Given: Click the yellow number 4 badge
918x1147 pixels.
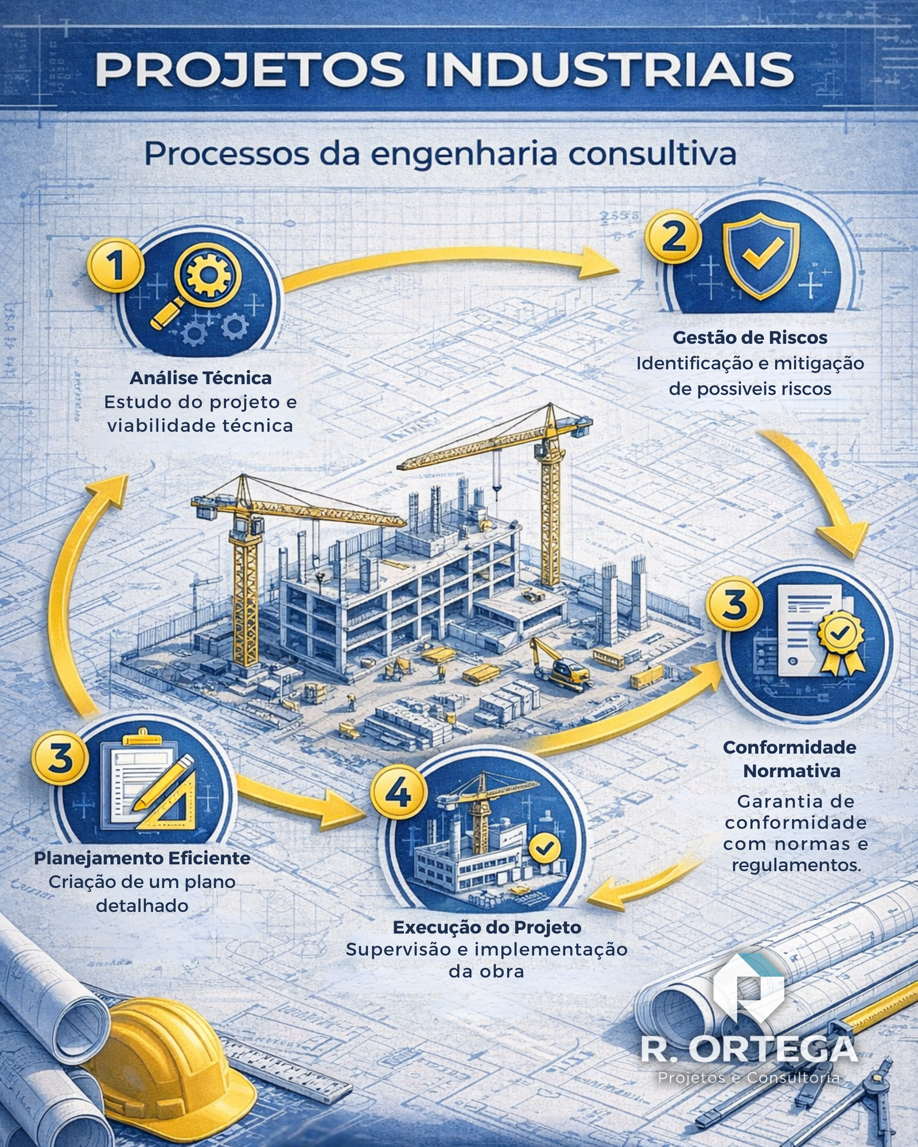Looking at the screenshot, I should [x=398, y=793].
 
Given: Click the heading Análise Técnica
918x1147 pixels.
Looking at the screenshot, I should [x=200, y=378].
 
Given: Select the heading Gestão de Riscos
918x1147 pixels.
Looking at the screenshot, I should [x=750, y=337].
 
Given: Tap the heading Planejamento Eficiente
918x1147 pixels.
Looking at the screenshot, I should [x=142, y=858].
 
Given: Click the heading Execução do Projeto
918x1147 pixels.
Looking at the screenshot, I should [x=487, y=927].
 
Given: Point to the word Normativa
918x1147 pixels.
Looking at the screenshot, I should [x=792, y=771].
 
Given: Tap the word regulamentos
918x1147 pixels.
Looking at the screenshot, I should [x=796, y=864].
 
